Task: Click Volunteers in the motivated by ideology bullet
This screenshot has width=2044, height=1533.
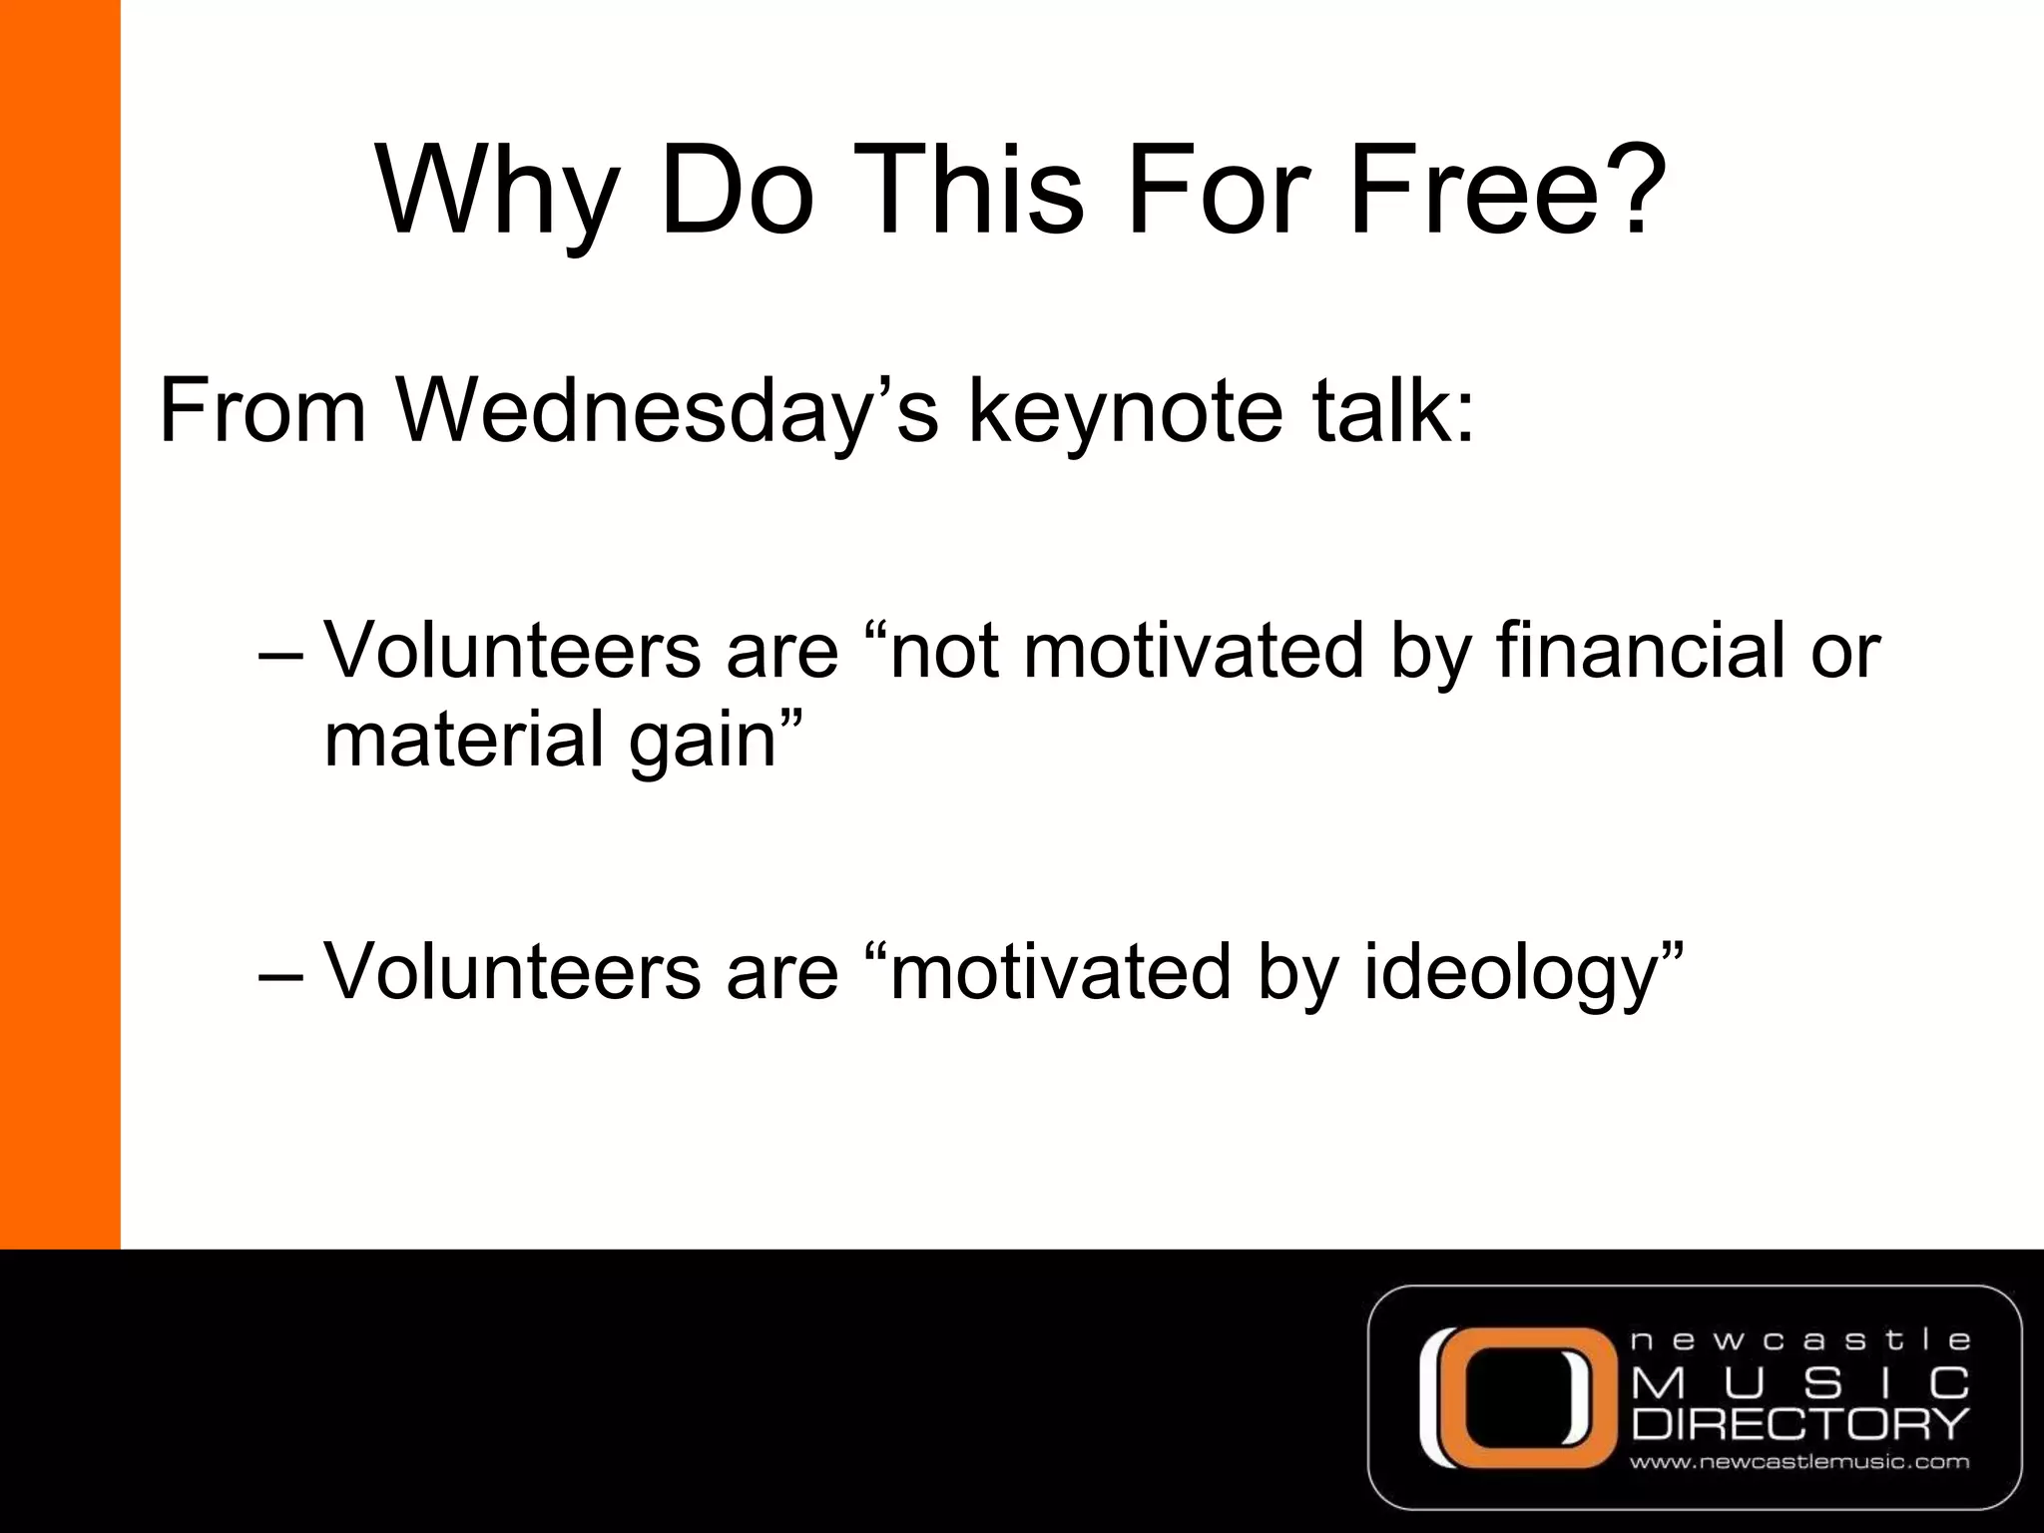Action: click(x=513, y=972)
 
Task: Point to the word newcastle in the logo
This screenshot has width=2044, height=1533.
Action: click(x=1799, y=1340)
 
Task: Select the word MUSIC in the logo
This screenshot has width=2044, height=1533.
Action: click(x=1799, y=1383)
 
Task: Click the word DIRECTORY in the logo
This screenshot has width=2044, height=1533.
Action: click(x=1799, y=1424)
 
